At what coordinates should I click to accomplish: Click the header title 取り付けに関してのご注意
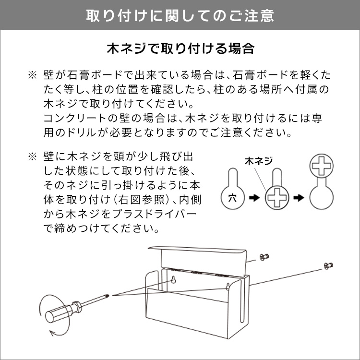click(180, 16)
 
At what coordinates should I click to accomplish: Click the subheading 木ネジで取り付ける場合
click(180, 48)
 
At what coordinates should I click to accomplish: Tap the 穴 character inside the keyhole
click(232, 198)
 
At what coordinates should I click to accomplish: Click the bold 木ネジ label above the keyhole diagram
click(259, 161)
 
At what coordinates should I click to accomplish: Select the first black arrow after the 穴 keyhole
click(254, 197)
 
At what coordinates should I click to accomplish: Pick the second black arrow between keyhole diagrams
click(299, 197)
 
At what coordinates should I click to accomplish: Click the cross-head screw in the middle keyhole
click(277, 198)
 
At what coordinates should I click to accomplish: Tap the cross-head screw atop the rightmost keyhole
click(322, 166)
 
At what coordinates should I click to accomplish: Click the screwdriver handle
click(59, 312)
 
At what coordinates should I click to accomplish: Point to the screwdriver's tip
click(108, 295)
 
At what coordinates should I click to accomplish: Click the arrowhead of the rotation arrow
click(53, 334)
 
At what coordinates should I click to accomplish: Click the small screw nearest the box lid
click(264, 257)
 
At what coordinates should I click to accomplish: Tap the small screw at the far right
click(328, 265)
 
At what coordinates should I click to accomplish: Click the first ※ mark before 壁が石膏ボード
click(32, 75)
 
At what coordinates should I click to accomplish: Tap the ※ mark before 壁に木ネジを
click(32, 157)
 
